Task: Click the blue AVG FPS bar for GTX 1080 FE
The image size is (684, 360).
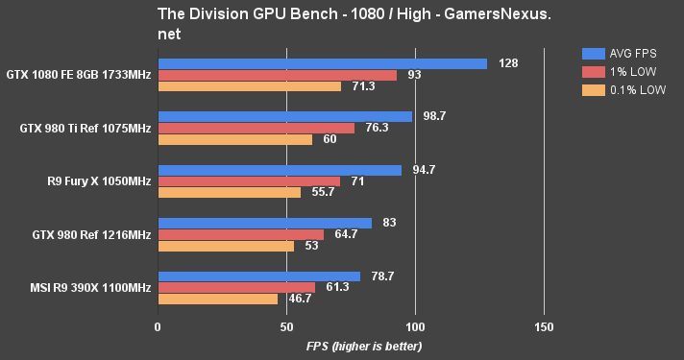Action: pos(322,63)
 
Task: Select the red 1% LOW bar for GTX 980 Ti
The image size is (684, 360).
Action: pos(256,128)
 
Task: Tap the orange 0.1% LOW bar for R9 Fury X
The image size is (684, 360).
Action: pos(229,192)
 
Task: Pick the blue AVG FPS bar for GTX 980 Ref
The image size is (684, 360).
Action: pos(264,223)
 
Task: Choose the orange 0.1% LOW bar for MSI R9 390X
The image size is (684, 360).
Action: pos(217,299)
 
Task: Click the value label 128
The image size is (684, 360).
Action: pos(509,63)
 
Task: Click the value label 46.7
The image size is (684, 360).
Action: pos(303,299)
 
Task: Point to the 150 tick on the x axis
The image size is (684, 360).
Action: pos(544,326)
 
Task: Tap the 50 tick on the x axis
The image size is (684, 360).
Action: pos(286,326)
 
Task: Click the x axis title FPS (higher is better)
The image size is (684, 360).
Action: pos(364,346)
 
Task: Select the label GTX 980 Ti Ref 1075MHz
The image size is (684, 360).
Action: pos(78,128)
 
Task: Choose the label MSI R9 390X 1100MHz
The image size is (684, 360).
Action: pos(78,288)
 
